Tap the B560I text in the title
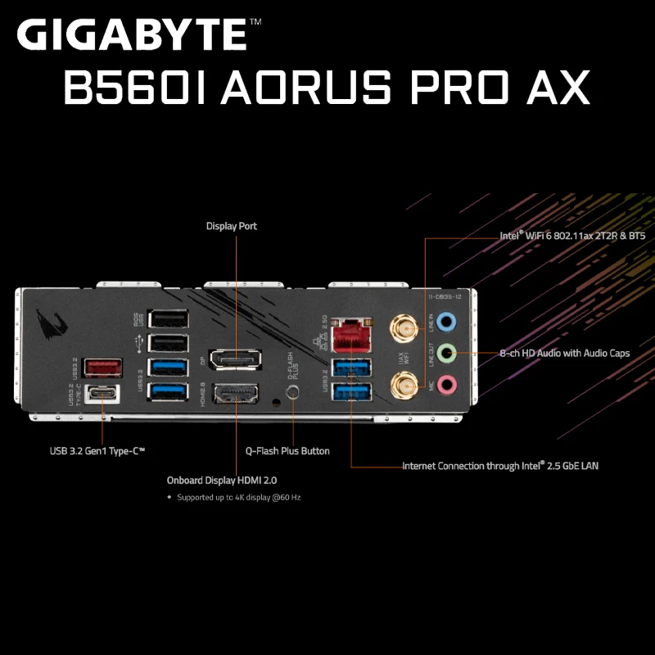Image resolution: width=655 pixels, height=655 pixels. (136, 88)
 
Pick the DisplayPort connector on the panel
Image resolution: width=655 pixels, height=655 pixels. (235, 359)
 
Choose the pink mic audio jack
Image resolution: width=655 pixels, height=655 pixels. (445, 382)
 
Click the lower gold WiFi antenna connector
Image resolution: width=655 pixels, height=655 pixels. (401, 382)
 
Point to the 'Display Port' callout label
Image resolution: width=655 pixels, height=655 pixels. (232, 226)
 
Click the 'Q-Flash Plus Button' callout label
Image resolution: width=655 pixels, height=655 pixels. (288, 451)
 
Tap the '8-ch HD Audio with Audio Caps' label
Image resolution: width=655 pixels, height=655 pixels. (565, 354)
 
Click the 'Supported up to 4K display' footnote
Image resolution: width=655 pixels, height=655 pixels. (238, 497)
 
